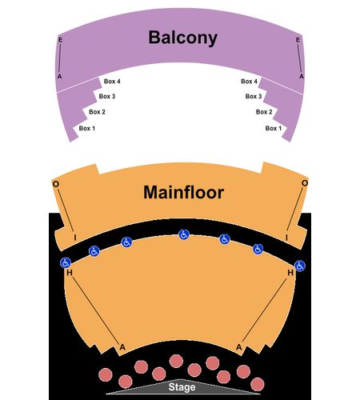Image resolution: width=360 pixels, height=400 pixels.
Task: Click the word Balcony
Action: tap(182, 38)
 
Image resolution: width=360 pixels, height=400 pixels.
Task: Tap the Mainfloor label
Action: tap(184, 192)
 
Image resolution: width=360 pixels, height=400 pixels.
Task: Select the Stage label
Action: tap(182, 387)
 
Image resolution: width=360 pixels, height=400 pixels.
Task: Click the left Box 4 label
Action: tap(112, 81)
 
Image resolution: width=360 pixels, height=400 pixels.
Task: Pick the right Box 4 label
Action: tap(249, 81)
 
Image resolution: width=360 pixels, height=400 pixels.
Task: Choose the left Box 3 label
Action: tap(107, 96)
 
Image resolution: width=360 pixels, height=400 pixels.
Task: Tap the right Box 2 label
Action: tap(264, 112)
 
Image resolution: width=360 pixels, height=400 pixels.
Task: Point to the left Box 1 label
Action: tap(87, 128)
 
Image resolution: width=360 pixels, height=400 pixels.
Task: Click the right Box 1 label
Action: tap(274, 128)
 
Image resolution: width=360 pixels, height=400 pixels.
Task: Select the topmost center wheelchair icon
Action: tap(184, 234)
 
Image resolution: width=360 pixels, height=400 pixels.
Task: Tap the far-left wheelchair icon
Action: tap(66, 263)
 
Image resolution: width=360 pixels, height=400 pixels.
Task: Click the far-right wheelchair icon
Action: tap(300, 266)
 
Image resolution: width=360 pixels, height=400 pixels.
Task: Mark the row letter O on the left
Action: tap(56, 184)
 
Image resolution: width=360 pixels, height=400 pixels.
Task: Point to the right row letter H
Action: tap(290, 273)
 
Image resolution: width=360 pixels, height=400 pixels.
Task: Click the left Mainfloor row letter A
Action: tap(122, 347)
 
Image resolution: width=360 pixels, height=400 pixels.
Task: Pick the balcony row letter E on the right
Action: tap(298, 40)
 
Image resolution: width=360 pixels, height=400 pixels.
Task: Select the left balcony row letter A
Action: tap(59, 77)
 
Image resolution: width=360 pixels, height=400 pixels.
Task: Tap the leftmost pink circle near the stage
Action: tap(106, 374)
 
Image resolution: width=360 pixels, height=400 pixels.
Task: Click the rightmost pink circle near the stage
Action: tap(258, 384)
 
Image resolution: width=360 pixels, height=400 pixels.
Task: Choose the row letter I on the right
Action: tap(286, 238)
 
